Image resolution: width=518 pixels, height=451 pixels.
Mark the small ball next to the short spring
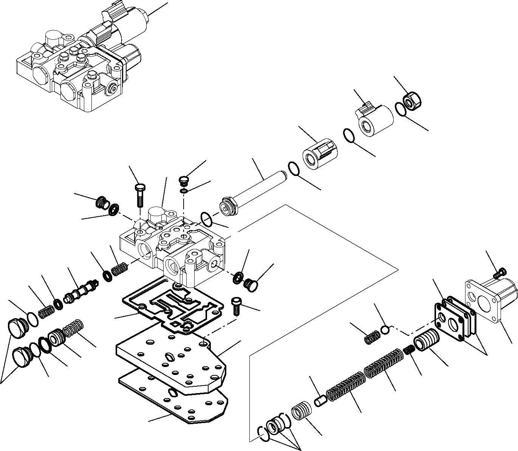tap(385, 330)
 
